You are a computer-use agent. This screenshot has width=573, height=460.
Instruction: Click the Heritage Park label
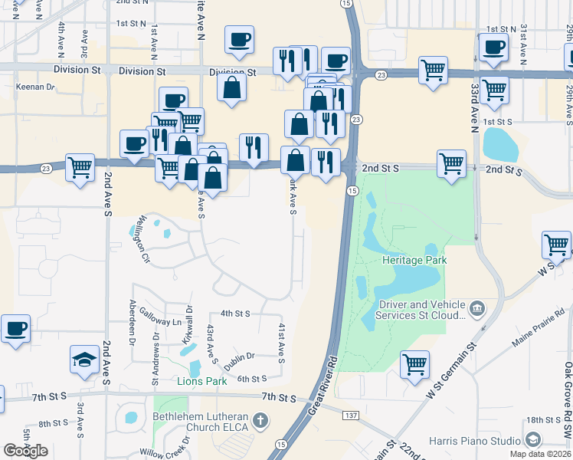tap(414, 261)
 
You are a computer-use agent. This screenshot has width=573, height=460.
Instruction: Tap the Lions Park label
tap(202, 381)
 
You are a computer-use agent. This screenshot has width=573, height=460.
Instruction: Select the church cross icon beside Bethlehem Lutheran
tap(260, 419)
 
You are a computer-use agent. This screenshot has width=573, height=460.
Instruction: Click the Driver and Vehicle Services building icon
tap(477, 309)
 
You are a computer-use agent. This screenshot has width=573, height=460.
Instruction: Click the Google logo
tap(25, 451)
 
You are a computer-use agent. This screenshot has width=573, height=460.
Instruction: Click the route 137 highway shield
tap(351, 415)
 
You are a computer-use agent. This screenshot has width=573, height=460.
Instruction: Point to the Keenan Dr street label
tap(35, 87)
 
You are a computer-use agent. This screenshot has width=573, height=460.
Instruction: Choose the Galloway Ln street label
tap(165, 322)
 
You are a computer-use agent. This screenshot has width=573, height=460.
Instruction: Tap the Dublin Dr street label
tap(240, 356)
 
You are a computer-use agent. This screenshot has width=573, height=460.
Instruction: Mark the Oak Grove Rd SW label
tap(568, 391)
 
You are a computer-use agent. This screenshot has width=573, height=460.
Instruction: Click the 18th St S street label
tap(544, 420)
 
